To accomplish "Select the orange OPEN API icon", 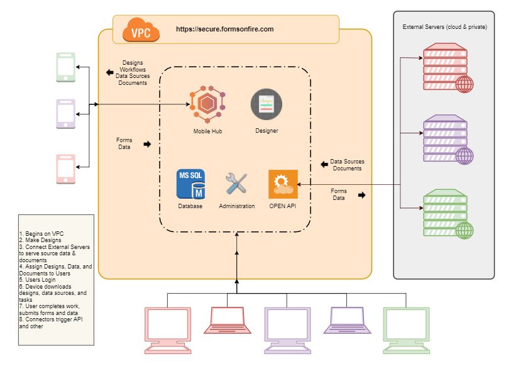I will pos(283,184).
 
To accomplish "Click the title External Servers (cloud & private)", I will pos(444,28).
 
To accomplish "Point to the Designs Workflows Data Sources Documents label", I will pos(133,73).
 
